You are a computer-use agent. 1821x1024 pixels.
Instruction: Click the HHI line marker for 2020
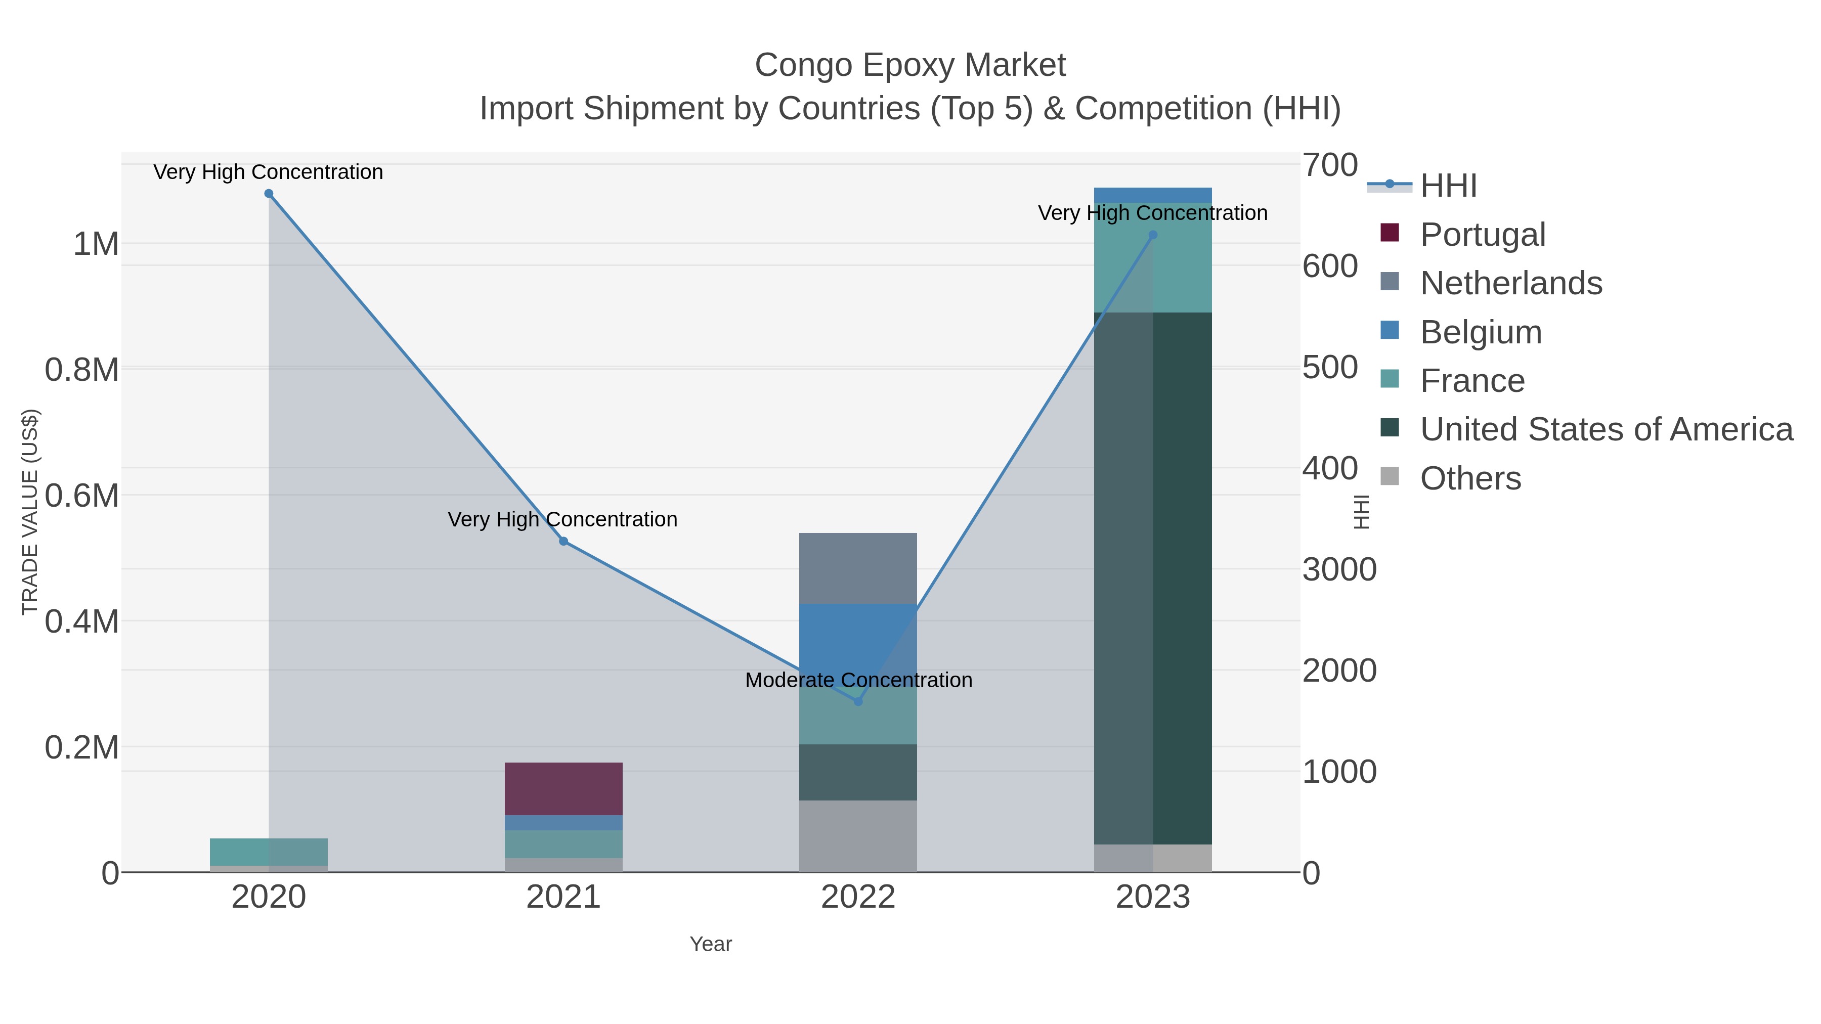(269, 194)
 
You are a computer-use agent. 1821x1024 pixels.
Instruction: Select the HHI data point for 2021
(563, 541)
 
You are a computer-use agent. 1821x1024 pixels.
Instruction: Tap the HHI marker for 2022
(858, 702)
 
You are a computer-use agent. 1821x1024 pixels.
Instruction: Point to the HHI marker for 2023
(1153, 235)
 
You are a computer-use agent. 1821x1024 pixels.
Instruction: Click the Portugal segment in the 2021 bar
(563, 789)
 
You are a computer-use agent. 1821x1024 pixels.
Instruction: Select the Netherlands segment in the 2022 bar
(858, 568)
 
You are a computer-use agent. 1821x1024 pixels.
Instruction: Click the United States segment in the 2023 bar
(1153, 578)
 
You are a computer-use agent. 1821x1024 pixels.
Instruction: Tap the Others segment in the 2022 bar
(858, 836)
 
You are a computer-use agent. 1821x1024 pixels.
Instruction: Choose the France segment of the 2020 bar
(269, 852)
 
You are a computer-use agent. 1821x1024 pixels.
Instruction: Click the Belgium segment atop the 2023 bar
(1153, 195)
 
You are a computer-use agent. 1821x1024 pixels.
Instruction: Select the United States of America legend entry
(1605, 430)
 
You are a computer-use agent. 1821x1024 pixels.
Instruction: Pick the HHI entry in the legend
(1448, 186)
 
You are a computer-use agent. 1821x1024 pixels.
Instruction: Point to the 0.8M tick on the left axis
(82, 370)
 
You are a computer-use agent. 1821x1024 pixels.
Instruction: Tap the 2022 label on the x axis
(858, 898)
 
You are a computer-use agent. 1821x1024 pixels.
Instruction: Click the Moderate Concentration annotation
(858, 680)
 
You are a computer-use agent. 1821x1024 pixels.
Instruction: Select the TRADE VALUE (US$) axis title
(30, 512)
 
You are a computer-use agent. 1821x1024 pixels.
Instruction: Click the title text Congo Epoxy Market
(910, 65)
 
